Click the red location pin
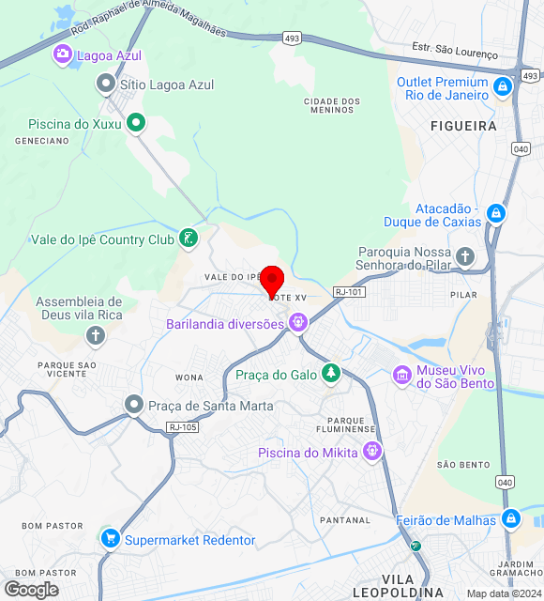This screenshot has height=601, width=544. [272, 281]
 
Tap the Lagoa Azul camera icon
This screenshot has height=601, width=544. [63, 54]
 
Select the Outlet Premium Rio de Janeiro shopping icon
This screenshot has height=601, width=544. [503, 87]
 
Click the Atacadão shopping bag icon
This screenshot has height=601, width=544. [496, 213]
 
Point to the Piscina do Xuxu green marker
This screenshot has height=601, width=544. [136, 121]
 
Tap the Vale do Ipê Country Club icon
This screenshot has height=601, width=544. [190, 239]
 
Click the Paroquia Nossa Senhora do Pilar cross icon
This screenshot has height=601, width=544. [466, 256]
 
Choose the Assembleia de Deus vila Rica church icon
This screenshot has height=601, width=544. [95, 335]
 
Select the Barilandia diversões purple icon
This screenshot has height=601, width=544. [298, 324]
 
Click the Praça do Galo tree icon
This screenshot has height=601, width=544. [330, 374]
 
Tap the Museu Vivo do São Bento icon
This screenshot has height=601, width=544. [402, 375]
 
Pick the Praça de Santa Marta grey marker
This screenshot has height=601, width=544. [134, 405]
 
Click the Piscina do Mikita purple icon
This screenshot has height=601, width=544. [373, 453]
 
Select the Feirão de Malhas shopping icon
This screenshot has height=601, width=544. [510, 517]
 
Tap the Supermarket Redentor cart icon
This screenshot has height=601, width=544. [111, 539]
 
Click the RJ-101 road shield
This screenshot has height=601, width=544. [348, 292]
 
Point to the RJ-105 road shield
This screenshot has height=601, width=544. [183, 427]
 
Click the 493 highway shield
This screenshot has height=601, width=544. [292, 38]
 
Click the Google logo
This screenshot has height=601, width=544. [31, 589]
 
